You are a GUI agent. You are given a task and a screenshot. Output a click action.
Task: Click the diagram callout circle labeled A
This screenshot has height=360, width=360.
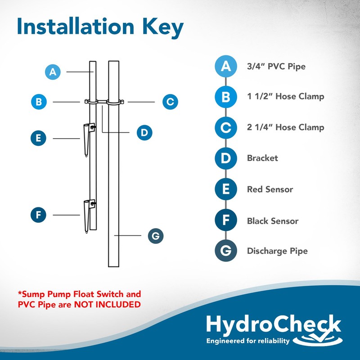[x=53, y=72]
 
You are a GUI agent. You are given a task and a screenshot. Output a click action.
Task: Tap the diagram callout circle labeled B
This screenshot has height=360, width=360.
[x=39, y=102]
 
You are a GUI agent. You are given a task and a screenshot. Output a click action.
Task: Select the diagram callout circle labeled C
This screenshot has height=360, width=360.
[x=170, y=102]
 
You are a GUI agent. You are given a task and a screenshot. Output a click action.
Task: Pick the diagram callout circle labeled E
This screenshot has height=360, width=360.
[x=39, y=138]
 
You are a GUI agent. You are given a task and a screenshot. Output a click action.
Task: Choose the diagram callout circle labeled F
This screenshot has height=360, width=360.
[x=39, y=215]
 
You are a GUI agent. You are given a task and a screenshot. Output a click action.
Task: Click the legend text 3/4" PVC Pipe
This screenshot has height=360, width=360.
[x=276, y=67]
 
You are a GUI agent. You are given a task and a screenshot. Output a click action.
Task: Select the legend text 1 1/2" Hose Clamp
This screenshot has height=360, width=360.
[x=285, y=96]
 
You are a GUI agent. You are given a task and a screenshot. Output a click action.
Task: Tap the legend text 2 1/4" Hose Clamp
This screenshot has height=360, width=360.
[x=285, y=127]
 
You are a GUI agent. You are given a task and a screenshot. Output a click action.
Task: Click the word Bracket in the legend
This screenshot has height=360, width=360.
[x=262, y=158]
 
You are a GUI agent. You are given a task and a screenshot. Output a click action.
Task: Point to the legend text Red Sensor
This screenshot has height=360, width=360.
[x=270, y=189]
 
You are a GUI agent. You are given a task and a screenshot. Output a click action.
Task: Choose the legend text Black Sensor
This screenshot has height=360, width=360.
[x=272, y=221]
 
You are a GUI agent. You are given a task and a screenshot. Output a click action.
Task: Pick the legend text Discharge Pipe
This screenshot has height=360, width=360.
[x=277, y=251]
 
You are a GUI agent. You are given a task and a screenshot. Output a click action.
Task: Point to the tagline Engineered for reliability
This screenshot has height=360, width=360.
[x=247, y=341]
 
